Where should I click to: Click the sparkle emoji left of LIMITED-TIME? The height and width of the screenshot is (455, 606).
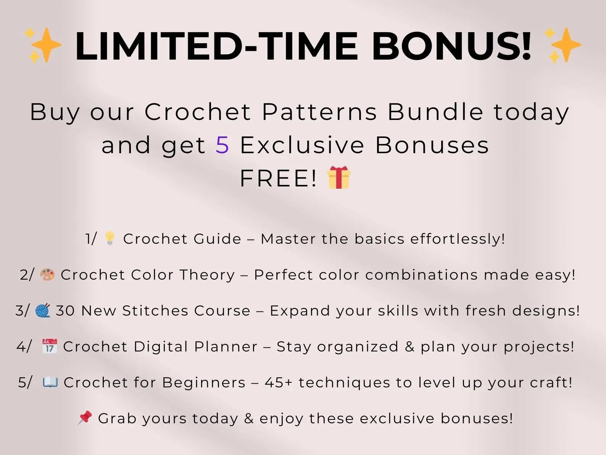[43, 45]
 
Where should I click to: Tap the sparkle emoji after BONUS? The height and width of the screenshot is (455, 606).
[563, 45]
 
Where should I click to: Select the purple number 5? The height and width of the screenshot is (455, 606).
[222, 145]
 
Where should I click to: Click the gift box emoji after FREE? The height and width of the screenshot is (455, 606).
[339, 178]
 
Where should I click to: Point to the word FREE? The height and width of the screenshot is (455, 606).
[278, 178]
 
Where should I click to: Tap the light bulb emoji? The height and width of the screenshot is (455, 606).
[110, 238]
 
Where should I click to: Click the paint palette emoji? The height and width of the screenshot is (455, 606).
[47, 274]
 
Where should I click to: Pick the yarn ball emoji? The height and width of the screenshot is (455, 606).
[43, 310]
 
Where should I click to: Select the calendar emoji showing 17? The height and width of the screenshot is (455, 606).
[50, 346]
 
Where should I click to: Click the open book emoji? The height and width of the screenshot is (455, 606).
[50, 382]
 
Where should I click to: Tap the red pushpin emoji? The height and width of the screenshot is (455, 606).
[85, 418]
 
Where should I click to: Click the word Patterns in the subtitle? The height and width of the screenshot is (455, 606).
[319, 112]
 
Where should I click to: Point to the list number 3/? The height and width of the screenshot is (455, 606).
[22, 311]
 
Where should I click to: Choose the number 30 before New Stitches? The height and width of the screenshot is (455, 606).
[65, 311]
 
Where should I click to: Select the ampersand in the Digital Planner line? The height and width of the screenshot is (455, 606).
[409, 347]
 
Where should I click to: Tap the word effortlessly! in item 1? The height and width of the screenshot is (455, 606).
[458, 239]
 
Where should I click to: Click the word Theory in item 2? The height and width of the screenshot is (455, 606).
[207, 275]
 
